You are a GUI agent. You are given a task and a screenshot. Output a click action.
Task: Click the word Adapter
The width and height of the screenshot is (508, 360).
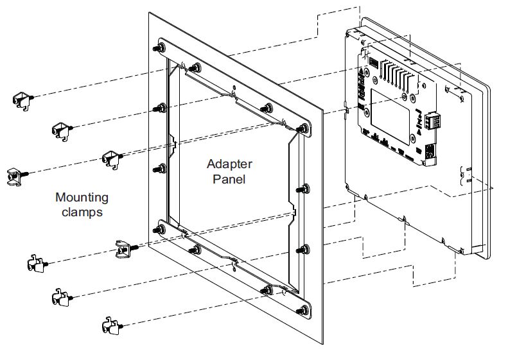(229, 165)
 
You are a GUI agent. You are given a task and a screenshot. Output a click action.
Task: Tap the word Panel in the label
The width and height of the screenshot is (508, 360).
(229, 179)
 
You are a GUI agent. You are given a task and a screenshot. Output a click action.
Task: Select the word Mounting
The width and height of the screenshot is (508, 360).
(82, 198)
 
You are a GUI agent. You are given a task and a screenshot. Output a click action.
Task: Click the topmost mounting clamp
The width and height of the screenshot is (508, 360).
(22, 98)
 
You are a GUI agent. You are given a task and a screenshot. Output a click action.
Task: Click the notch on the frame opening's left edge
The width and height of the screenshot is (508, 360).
(172, 144)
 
